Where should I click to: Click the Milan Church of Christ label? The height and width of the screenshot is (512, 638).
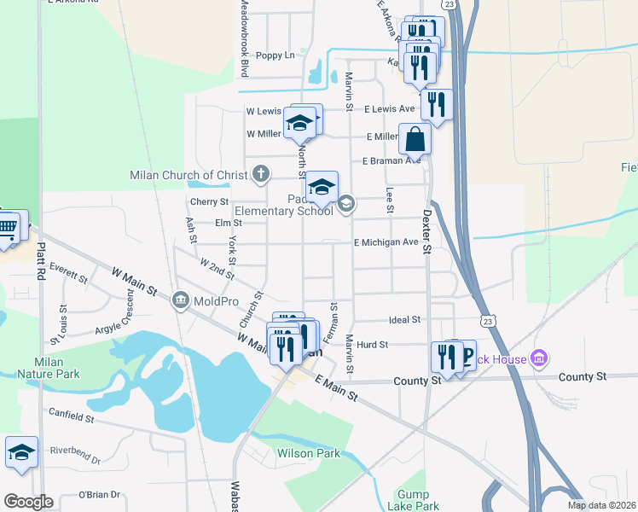[188, 175]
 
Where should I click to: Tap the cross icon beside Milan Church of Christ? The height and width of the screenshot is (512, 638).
[261, 175]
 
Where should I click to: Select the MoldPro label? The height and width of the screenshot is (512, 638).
[215, 300]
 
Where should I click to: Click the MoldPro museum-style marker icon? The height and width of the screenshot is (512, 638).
[180, 300]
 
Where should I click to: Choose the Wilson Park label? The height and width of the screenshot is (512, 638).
[308, 453]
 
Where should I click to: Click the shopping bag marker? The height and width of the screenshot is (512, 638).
[415, 138]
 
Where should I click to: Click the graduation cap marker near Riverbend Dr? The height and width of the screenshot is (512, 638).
[21, 453]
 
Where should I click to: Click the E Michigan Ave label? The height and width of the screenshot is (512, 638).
[386, 241]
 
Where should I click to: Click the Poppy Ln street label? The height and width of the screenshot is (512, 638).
[275, 55]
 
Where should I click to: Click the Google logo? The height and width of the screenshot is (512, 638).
[28, 502]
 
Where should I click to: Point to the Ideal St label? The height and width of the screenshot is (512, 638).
[404, 319]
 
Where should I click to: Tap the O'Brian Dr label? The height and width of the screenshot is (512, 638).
[101, 494]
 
